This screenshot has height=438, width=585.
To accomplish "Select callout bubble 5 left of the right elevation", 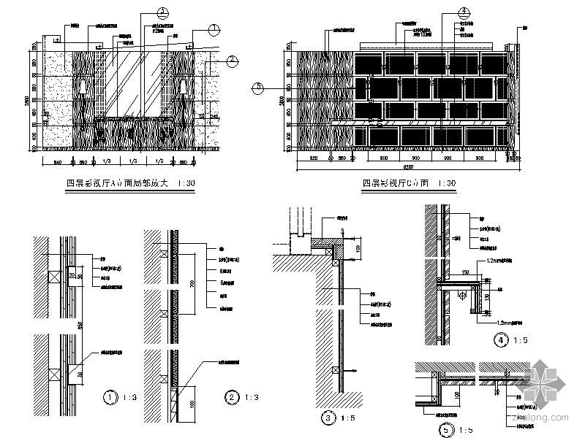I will click(257, 88).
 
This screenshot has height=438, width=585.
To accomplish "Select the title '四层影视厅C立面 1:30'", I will click(409, 183).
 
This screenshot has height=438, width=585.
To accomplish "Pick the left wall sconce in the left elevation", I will click(85, 88).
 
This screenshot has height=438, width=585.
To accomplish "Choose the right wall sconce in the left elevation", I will click(182, 88).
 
